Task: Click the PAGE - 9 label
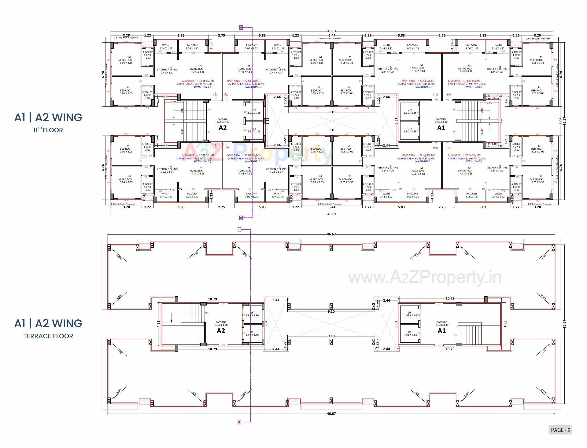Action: [560, 430]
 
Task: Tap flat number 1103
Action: [435, 95]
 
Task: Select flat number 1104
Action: [448, 95]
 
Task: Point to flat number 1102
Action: [435, 148]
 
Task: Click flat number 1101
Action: [449, 148]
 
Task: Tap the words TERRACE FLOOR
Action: [48, 336]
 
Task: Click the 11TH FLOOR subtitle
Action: [48, 130]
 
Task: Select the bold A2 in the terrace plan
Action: [221, 331]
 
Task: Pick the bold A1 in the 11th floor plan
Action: [441, 128]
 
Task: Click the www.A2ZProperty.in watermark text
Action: [425, 277]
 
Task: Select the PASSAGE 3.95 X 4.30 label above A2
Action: [223, 120]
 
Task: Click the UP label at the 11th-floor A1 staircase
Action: [455, 110]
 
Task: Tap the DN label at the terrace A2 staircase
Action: [207, 313]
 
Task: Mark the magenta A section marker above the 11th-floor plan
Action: [241, 28]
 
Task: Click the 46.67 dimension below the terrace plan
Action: [331, 414]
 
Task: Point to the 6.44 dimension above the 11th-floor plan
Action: [332, 36]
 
